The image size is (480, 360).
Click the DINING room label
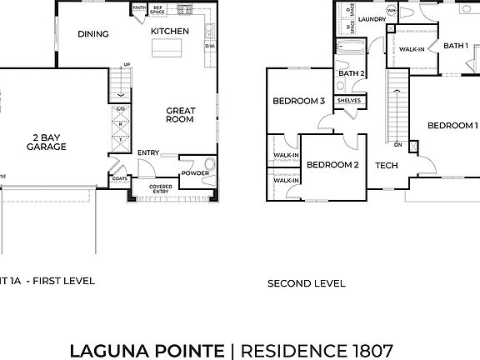tap(93, 34)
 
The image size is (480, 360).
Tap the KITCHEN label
tap(170, 32)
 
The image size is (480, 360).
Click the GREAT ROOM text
tap(179, 114)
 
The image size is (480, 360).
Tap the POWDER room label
tap(194, 173)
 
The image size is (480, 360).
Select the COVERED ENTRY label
tap(160, 189)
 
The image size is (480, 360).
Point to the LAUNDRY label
tap(372, 17)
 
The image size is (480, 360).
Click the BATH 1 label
tap(455, 46)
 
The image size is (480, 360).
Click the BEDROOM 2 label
tap(332, 164)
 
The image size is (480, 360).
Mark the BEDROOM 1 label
tap(452, 126)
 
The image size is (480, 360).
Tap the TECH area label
tap(386, 165)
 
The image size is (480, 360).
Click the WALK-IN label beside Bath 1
tap(412, 50)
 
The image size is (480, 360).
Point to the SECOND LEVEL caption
tap(306, 283)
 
